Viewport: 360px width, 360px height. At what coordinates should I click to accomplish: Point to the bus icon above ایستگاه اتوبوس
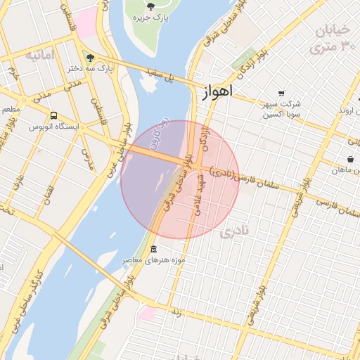54,115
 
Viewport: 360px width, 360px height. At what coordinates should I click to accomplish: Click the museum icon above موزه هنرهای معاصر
153,250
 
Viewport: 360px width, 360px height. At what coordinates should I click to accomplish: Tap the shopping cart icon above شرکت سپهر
281,94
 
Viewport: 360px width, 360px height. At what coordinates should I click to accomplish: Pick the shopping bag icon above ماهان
350,160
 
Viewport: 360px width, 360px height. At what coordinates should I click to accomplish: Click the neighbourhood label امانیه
39,55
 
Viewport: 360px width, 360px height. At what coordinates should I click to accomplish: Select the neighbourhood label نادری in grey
235,232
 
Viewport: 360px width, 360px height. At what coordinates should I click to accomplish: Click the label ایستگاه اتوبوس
55,127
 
